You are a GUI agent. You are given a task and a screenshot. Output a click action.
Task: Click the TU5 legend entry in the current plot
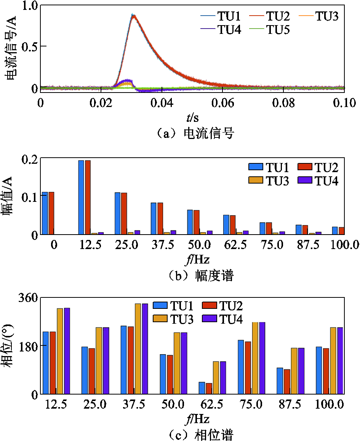tap(270, 30)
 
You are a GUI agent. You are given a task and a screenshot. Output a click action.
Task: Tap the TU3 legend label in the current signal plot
tap(327, 16)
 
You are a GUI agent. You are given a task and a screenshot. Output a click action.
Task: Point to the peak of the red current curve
tap(134, 16)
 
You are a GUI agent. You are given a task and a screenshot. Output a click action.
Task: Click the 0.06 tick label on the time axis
tap(222, 103)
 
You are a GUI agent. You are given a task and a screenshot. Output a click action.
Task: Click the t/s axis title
tap(193, 117)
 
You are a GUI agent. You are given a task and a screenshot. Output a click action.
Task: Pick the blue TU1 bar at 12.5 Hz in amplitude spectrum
tap(81, 197)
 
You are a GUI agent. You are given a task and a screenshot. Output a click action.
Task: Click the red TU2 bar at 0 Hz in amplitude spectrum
tap(51, 213)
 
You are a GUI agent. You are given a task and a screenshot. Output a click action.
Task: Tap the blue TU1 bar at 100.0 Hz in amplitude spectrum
tap(335, 231)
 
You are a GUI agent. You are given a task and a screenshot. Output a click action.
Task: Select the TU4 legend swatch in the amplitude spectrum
tap(305, 180)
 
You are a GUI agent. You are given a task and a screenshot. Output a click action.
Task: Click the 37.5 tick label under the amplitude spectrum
tap(163, 245)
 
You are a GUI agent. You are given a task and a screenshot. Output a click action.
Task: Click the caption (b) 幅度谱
tap(201, 275)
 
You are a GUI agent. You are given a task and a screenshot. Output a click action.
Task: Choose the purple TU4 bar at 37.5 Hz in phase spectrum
tap(145, 349)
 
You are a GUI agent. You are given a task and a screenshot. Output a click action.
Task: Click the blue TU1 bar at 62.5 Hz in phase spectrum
tap(202, 388)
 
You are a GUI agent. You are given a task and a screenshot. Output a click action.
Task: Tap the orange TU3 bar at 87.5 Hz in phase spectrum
tap(294, 371)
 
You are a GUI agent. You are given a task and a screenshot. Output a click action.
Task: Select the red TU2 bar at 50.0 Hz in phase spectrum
tap(170, 374)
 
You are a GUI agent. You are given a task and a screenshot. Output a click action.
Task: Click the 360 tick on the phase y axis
tap(28, 297)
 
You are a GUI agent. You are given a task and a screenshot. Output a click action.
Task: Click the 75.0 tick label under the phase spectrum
tap(251, 404)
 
